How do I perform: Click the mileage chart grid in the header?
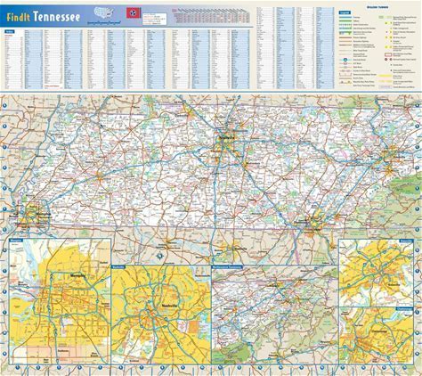204,16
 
